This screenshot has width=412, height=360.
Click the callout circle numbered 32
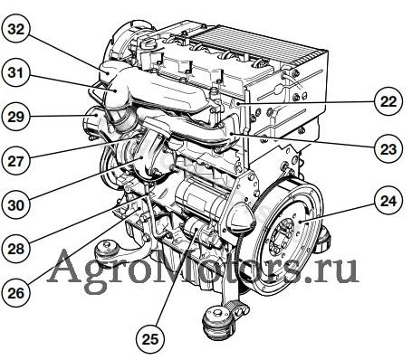pos(16,29)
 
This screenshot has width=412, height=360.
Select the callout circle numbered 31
pos(15,73)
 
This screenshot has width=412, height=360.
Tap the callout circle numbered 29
pos(15,117)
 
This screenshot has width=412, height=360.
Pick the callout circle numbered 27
pos(15,161)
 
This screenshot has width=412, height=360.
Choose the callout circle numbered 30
pos(15,204)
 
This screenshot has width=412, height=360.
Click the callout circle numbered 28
pos(15,249)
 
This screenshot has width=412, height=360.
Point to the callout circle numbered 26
pos(15,292)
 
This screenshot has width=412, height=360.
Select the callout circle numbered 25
pos(150,339)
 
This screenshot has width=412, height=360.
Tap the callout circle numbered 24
pos(388,201)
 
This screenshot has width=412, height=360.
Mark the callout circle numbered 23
pos(388,148)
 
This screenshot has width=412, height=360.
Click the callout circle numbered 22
pos(388,101)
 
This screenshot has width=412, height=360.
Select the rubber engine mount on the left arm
pos(106,250)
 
